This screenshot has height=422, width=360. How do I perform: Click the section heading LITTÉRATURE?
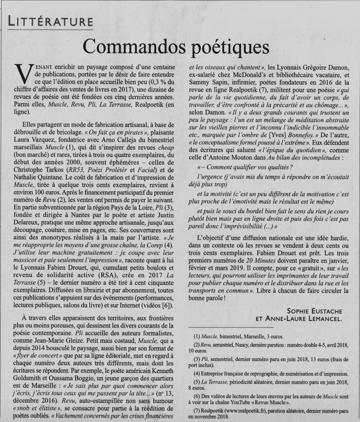click(x=50, y=21)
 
